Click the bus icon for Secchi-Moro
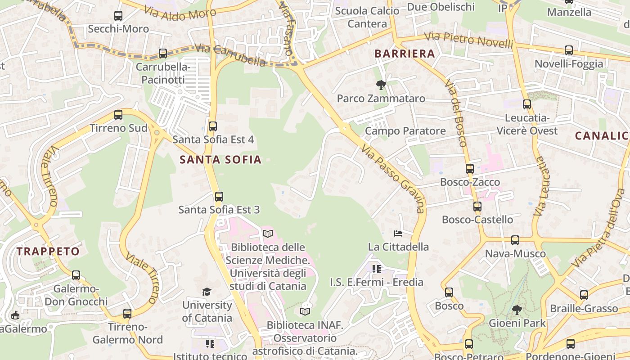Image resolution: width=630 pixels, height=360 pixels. tap(118, 16)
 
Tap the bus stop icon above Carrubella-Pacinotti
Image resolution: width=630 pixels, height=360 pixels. tap(163, 54)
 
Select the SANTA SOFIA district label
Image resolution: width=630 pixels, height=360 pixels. tap(220, 159)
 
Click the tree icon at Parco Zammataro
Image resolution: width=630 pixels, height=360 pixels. tap(381, 85)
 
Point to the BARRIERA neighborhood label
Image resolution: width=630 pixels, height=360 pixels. tap(405, 54)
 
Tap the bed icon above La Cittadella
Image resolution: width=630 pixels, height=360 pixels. tap(398, 233)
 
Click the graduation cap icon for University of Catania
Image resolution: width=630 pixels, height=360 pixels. tap(207, 292)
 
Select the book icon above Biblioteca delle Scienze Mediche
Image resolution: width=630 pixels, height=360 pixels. tap(268, 234)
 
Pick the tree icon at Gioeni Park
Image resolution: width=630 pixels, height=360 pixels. tap(517, 310)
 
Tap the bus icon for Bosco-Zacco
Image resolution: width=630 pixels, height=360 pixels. tap(470, 169)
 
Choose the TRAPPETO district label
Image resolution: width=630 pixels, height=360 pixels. tap(48, 252)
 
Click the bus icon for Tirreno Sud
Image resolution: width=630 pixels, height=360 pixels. tap(118, 115)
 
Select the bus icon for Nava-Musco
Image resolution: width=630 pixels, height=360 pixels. tap(515, 240)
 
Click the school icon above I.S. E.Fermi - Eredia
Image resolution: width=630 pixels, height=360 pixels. tap(377, 269)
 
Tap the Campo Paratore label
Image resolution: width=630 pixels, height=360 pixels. tap(405, 131)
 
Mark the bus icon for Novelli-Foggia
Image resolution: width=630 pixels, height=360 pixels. tap(569, 50)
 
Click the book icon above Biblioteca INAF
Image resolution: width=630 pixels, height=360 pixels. tap(305, 311)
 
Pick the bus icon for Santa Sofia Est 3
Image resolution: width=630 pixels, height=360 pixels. tap(219, 197)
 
